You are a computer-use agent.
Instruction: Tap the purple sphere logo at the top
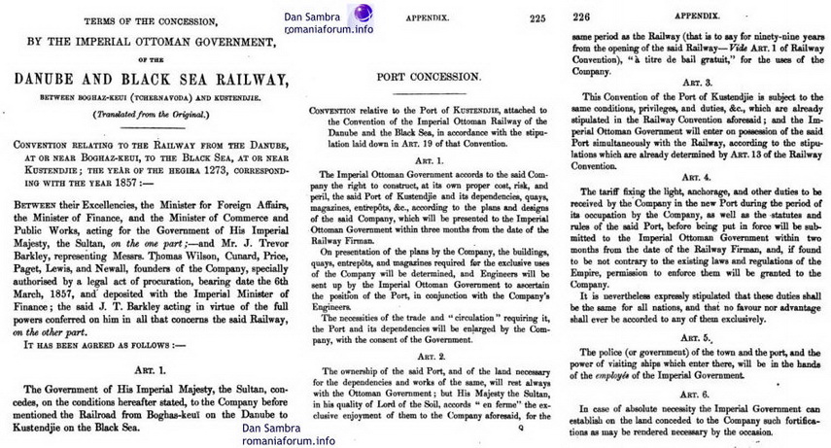tap(363, 14)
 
